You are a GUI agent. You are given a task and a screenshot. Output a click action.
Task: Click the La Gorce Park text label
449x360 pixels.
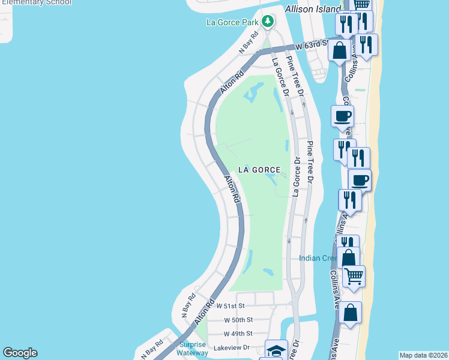point(231,23)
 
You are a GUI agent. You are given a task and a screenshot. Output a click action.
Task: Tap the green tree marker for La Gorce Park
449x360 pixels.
point(268,22)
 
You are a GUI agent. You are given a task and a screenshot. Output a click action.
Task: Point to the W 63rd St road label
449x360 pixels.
point(311,45)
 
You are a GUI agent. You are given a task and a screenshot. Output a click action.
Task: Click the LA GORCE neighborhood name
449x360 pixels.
point(259,170)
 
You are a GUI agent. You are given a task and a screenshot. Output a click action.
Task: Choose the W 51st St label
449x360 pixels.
point(231,305)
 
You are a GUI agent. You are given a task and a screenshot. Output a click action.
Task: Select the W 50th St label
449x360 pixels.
point(238,320)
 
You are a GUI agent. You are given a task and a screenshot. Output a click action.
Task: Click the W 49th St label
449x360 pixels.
point(238,334)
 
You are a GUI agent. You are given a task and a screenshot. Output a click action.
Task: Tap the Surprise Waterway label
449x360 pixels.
point(193,349)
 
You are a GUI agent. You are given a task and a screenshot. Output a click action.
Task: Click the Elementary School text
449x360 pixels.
point(36,2)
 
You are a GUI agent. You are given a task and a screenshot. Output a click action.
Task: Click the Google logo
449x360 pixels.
point(20,353)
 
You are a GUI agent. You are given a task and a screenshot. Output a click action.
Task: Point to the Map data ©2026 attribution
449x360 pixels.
point(423,355)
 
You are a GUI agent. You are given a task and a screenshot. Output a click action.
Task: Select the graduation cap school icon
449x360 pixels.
point(277,350)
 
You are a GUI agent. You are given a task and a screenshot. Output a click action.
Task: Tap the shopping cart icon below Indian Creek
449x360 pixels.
point(354,277)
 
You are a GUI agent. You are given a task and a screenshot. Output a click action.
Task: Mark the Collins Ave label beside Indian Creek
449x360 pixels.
point(335,282)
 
